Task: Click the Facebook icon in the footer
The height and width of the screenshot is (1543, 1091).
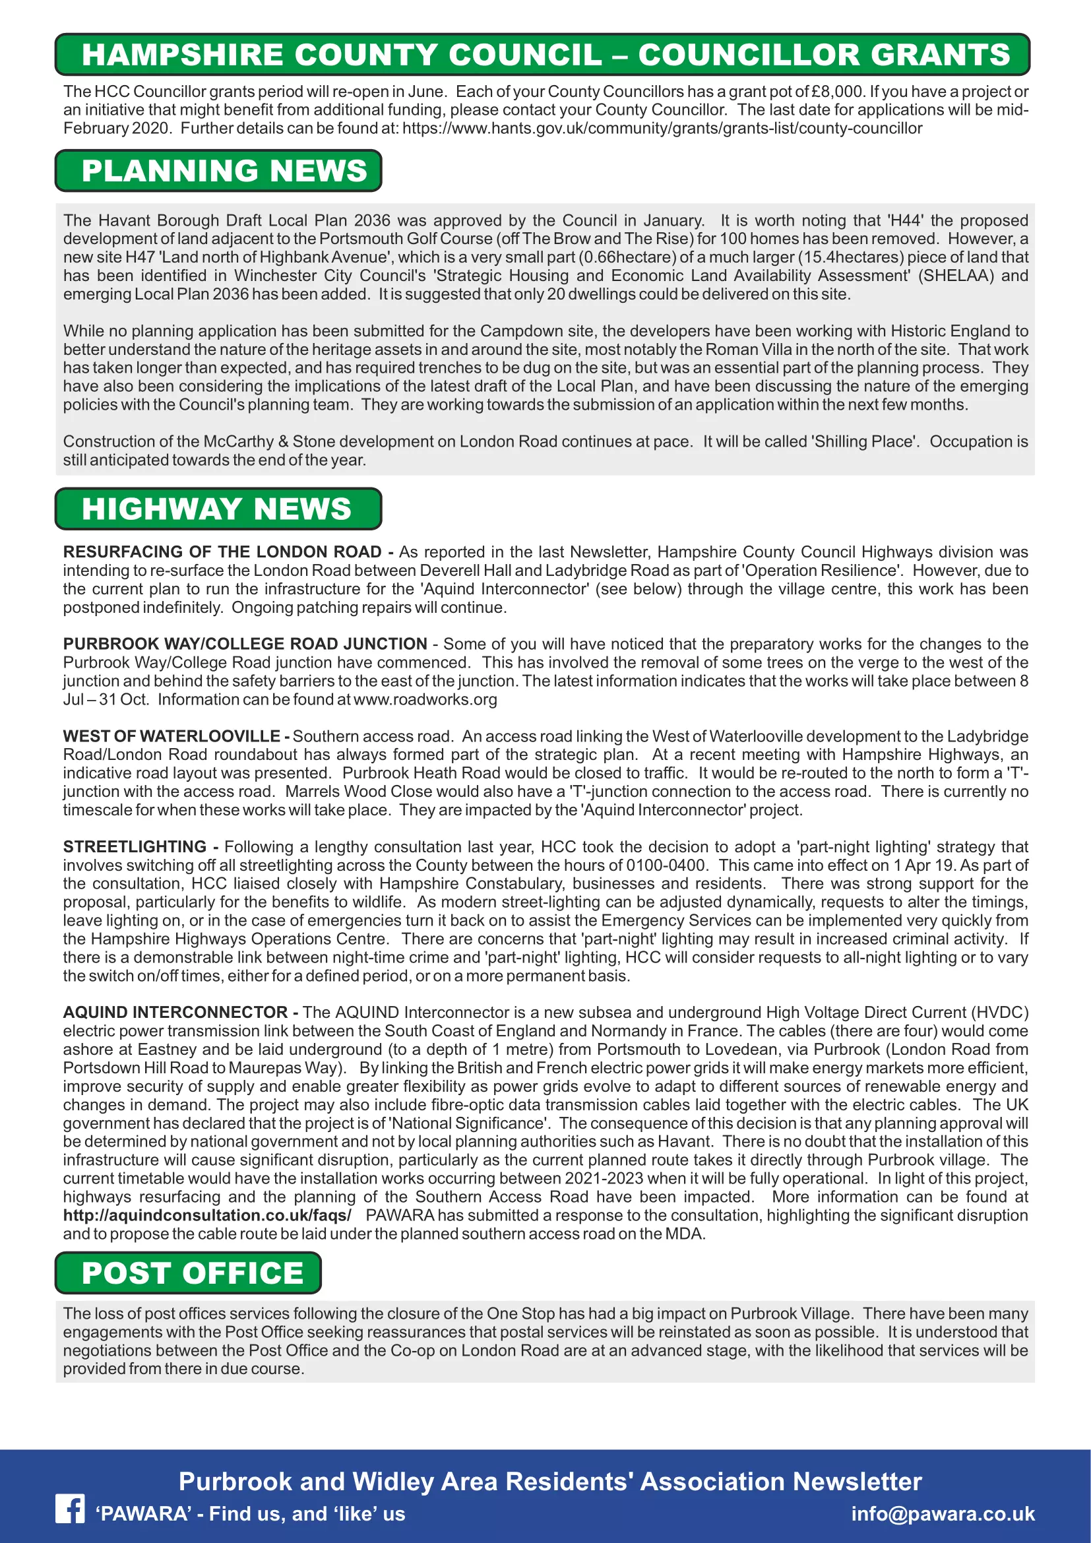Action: tap(70, 1509)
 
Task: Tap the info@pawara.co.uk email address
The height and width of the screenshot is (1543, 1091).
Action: tap(943, 1513)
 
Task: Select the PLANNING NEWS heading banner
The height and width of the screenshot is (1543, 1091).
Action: tap(218, 171)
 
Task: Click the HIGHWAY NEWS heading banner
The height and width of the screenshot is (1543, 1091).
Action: tap(218, 509)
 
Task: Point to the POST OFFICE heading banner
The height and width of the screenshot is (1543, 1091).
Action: tap(188, 1273)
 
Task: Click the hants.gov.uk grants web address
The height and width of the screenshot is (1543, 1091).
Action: tap(662, 129)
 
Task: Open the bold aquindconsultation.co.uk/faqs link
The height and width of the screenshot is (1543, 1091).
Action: tap(207, 1215)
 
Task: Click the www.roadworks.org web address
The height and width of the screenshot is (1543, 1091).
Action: tap(425, 699)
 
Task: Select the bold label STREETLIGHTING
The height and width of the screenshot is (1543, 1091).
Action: tap(135, 847)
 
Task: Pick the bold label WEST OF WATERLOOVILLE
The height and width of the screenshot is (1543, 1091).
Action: tap(172, 737)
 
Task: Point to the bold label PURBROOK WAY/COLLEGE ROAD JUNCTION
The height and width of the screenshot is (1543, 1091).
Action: tap(245, 644)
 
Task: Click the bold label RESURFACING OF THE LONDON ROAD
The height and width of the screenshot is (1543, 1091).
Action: tap(222, 551)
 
